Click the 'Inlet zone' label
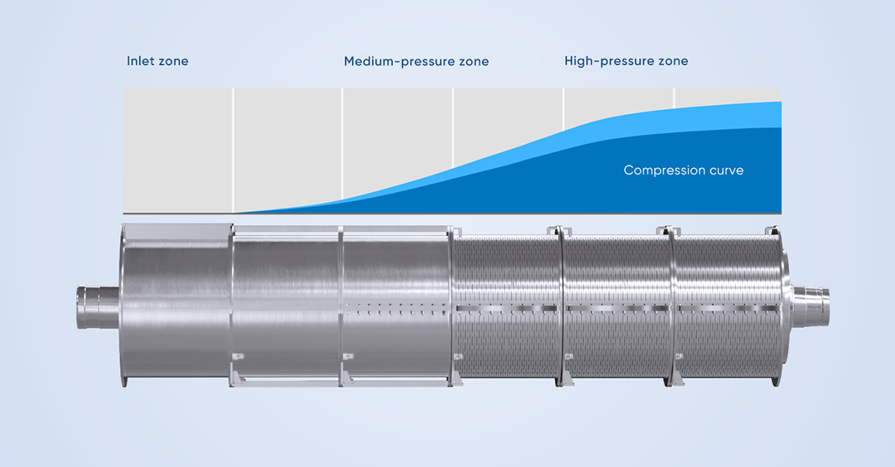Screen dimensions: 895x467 pyautogui.click(x=157, y=61)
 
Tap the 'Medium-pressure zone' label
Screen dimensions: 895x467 pyautogui.click(x=416, y=62)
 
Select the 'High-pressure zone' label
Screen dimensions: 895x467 pyautogui.click(x=626, y=61)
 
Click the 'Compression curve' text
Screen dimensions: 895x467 pyautogui.click(x=684, y=171)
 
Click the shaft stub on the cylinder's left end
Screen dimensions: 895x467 pyautogui.click(x=98, y=307)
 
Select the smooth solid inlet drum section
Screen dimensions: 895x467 pyautogui.click(x=176, y=305)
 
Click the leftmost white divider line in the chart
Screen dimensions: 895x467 pyautogui.click(x=233, y=150)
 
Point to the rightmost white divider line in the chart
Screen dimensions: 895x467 pyautogui.click(x=674, y=98)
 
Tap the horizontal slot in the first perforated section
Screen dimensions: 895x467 pyautogui.click(x=506, y=308)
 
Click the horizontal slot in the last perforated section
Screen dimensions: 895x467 pyautogui.click(x=729, y=308)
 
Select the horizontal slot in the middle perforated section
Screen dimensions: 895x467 pyautogui.click(x=618, y=308)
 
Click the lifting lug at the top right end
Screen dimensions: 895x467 pyautogui.click(x=770, y=230)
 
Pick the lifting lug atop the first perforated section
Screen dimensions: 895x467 pyautogui.click(x=553, y=231)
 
